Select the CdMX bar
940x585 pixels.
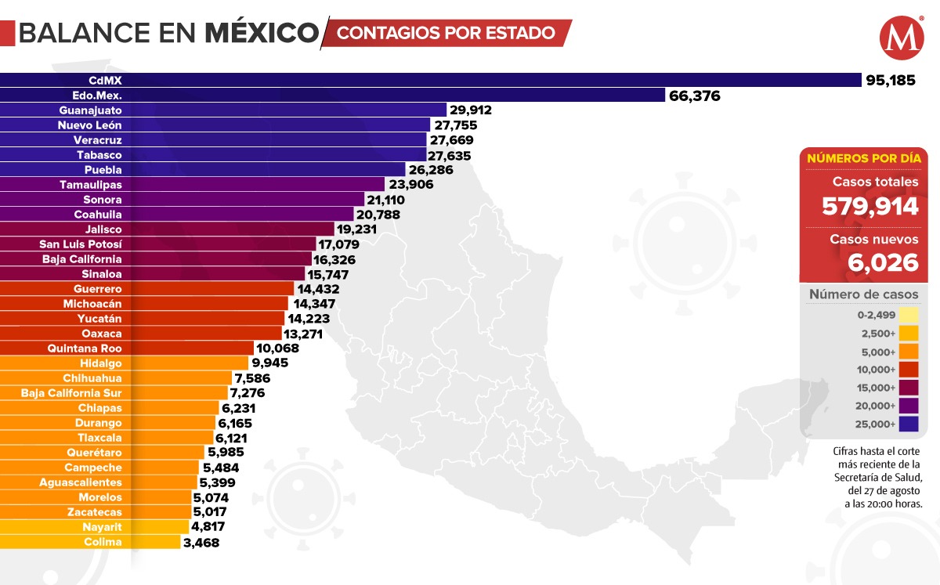point(431,80)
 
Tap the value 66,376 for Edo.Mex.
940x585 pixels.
point(694,96)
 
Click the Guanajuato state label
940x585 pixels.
point(90,110)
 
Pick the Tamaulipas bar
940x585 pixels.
point(193,185)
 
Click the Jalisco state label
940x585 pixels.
point(102,229)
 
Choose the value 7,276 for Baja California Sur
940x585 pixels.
point(248,393)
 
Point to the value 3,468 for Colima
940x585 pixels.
point(201,542)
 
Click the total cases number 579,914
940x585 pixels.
point(869,207)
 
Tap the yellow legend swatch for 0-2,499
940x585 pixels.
point(909,315)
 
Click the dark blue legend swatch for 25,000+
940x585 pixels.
point(909,424)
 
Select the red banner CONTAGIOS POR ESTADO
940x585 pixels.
point(446,33)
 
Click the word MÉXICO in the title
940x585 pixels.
point(262,33)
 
